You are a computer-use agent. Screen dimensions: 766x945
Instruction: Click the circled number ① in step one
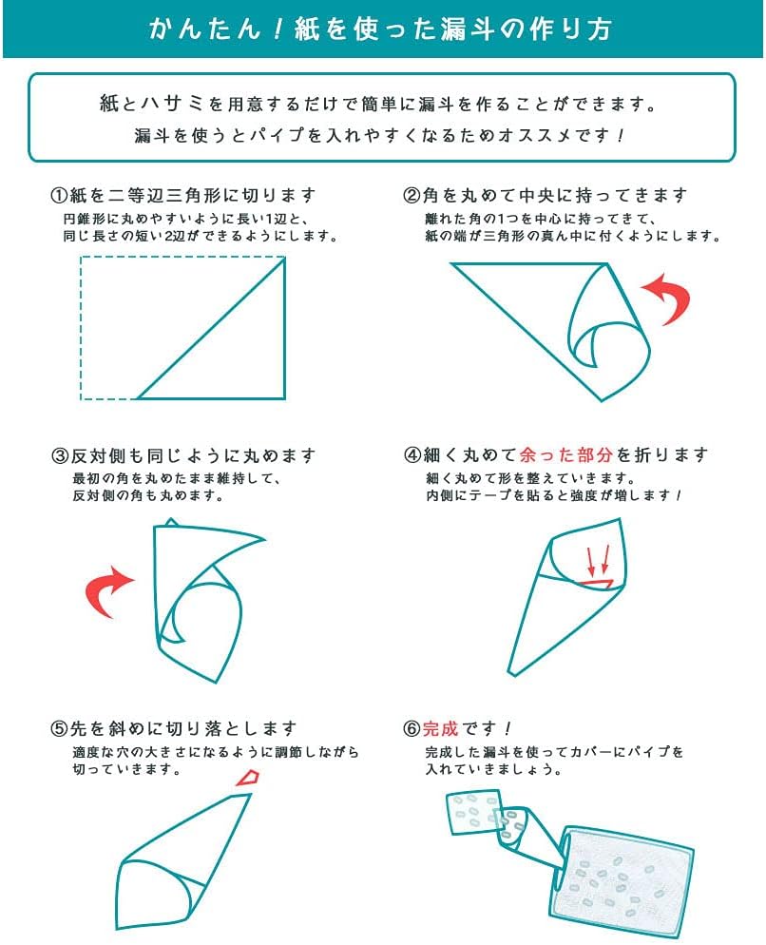pyautogui.click(x=59, y=196)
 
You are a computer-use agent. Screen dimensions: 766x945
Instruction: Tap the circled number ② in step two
pyautogui.click(x=412, y=196)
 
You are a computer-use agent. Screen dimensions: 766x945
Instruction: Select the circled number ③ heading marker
pyautogui.click(x=60, y=455)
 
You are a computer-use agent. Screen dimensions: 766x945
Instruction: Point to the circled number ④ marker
pyautogui.click(x=412, y=455)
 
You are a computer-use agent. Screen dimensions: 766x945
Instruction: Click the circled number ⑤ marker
pyautogui.click(x=59, y=728)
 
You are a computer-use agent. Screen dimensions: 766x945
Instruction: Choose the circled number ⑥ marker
pyautogui.click(x=412, y=728)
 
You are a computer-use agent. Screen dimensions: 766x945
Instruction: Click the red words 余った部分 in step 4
pyautogui.click(x=565, y=455)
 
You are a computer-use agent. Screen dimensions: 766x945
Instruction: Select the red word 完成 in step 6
pyautogui.click(x=441, y=728)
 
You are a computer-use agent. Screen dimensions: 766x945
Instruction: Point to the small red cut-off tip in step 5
pyautogui.click(x=248, y=777)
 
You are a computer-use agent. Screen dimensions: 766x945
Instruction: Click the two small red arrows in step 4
pyautogui.click(x=599, y=560)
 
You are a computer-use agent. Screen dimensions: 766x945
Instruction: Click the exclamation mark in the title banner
pyautogui.click(x=278, y=29)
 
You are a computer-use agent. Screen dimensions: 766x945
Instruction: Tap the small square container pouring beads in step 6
pyautogui.click(x=473, y=814)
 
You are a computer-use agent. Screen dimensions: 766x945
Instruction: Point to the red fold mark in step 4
pyautogui.click(x=597, y=583)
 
